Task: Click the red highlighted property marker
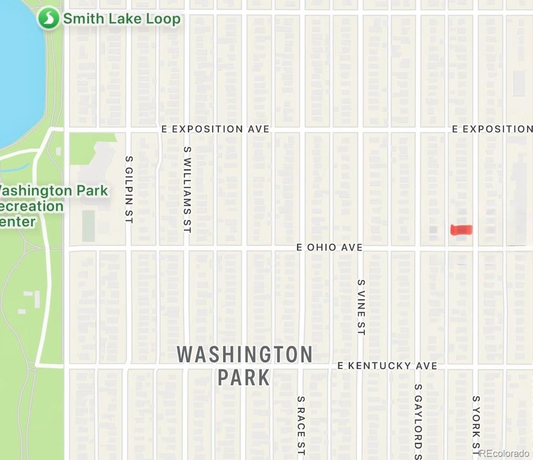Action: [x=461, y=229]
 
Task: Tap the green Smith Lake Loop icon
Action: [x=48, y=19]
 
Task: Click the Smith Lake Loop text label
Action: [x=122, y=19]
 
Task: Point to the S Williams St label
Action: [x=187, y=189]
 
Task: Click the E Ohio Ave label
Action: [x=329, y=247]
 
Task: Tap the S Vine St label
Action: [x=361, y=307]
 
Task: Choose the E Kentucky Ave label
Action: [x=387, y=366]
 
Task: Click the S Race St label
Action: [x=301, y=427]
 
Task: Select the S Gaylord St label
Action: [x=418, y=421]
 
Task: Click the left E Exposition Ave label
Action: [x=215, y=129]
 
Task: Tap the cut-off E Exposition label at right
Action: [x=492, y=129]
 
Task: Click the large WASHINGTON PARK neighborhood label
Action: [x=245, y=365]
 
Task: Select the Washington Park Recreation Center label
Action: [x=52, y=206]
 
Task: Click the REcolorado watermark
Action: [x=505, y=453]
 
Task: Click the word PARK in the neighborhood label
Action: [x=244, y=377]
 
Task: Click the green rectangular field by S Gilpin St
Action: [x=88, y=226]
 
